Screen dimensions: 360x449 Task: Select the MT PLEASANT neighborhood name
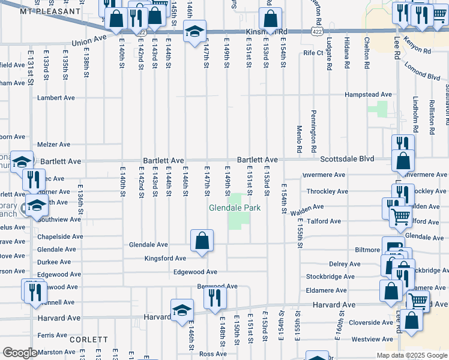point(50,11)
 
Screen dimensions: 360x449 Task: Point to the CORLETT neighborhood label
point(88,339)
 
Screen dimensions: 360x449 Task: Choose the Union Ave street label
point(89,43)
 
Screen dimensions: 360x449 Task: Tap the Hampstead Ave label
point(368,95)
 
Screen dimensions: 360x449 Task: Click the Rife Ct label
point(313,53)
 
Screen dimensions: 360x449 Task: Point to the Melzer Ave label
point(54,145)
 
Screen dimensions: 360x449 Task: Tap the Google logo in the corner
point(19,353)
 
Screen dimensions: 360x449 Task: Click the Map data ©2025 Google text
point(411,355)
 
